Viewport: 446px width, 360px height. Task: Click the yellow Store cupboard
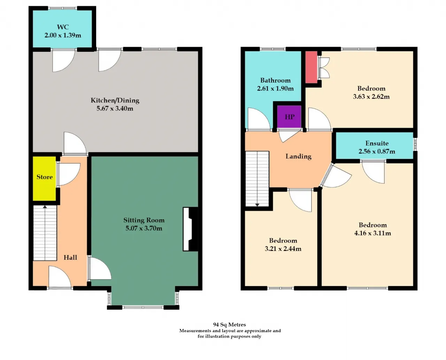(44, 178)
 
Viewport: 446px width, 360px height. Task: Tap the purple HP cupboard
(289, 117)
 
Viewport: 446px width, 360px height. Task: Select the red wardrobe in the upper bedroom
(312, 67)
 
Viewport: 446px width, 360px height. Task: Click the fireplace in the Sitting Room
(190, 229)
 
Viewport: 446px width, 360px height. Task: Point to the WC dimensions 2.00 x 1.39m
(63, 35)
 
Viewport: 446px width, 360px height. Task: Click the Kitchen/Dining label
(115, 100)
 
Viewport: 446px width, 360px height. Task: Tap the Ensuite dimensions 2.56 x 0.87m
(377, 151)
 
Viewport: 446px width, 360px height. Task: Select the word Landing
(298, 156)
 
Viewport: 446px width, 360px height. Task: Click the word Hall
(70, 258)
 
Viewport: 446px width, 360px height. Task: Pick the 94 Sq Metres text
(230, 324)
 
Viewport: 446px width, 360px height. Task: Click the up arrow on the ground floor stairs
(45, 207)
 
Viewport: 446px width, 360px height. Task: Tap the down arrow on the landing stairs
(257, 205)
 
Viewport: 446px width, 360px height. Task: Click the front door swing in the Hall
(60, 276)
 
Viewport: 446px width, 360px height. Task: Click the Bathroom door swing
(259, 119)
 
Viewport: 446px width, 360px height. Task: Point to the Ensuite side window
(415, 144)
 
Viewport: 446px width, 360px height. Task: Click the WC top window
(63, 8)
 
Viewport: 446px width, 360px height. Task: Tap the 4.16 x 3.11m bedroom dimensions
(372, 233)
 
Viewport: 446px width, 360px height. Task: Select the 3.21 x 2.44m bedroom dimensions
(283, 248)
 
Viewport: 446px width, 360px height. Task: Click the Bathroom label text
(275, 80)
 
